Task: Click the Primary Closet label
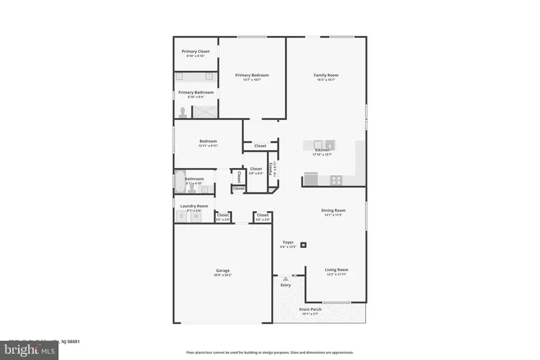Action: [196, 52]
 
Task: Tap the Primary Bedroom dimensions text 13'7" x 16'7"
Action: [252, 80]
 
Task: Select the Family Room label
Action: [326, 75]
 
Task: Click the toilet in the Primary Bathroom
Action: [183, 112]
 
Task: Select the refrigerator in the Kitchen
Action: [311, 178]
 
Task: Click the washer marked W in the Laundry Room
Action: [195, 216]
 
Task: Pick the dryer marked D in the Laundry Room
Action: [182, 216]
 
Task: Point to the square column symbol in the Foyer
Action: [304, 245]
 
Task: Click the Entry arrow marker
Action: [286, 279]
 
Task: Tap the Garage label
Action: [223, 270]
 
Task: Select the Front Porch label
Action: [311, 310]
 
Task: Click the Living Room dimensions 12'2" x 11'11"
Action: [337, 275]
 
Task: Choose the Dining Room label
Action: [334, 210]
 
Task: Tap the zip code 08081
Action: [74, 341]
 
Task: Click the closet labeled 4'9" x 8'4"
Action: [256, 173]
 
